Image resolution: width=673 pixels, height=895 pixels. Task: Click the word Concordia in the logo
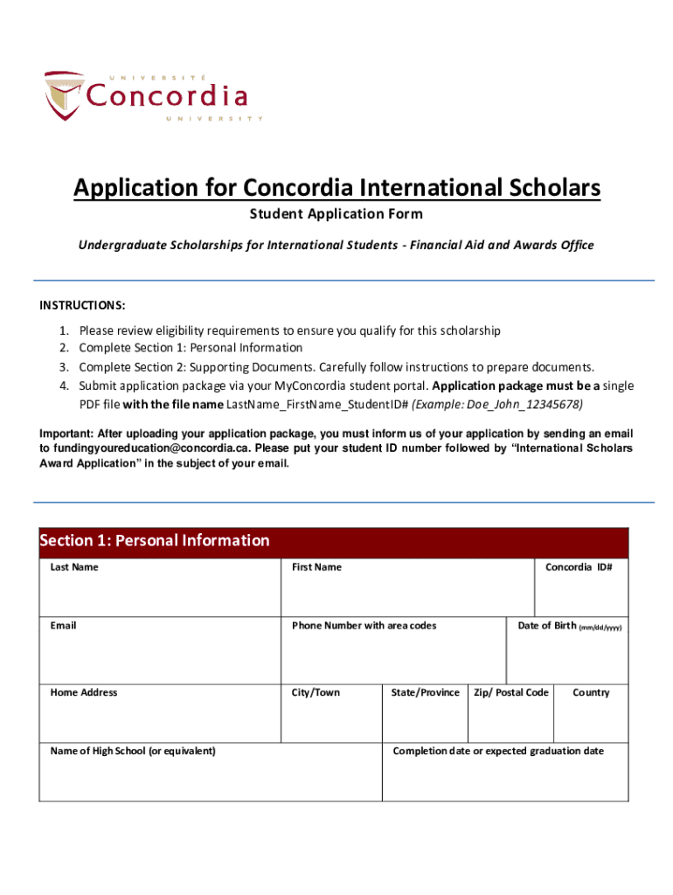pyautogui.click(x=167, y=95)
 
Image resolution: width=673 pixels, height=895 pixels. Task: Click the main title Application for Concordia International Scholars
pyautogui.click(x=336, y=188)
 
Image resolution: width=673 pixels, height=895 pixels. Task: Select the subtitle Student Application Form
pyautogui.click(x=336, y=214)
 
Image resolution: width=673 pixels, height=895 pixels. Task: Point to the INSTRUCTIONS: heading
pyautogui.click(x=82, y=305)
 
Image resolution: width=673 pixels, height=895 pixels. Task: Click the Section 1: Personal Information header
pyautogui.click(x=155, y=540)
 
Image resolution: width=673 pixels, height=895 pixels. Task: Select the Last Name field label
pyautogui.click(x=74, y=567)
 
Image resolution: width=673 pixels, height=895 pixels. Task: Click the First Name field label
pyautogui.click(x=316, y=567)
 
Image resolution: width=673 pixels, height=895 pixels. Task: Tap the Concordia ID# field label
pyautogui.click(x=579, y=567)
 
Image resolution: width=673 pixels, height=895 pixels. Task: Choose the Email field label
pyautogui.click(x=64, y=626)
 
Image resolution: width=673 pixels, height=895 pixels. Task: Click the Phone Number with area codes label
pyautogui.click(x=364, y=626)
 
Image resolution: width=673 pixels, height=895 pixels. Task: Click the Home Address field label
pyautogui.click(x=84, y=693)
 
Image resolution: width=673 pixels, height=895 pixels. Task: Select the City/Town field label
pyautogui.click(x=316, y=693)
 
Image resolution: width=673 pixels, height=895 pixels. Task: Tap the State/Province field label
pyautogui.click(x=425, y=693)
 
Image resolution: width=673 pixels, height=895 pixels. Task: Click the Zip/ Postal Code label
pyautogui.click(x=510, y=693)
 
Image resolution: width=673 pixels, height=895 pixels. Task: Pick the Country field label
pyautogui.click(x=591, y=693)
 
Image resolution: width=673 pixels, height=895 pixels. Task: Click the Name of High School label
pyautogui.click(x=133, y=752)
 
